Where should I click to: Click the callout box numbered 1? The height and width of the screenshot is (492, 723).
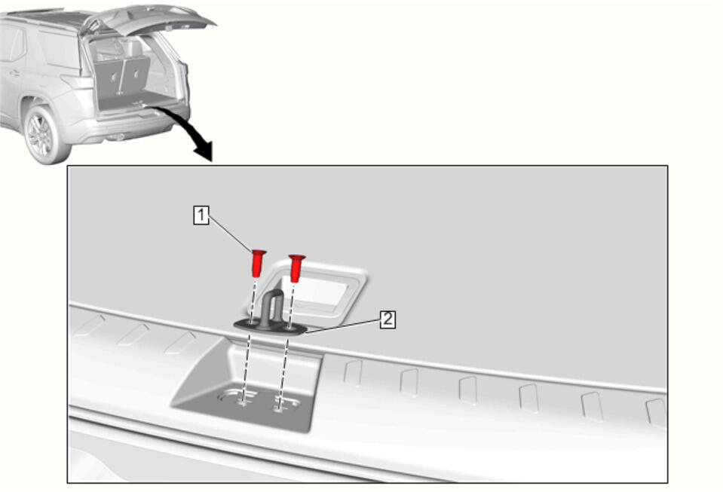coord(201,215)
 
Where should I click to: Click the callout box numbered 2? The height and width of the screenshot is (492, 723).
coord(388,319)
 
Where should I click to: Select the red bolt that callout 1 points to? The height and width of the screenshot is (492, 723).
coord(258,263)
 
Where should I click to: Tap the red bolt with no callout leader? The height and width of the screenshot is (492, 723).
coord(296,267)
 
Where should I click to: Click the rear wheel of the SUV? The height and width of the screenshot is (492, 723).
coord(42,136)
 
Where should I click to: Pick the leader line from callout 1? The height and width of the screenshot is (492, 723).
coord(231,235)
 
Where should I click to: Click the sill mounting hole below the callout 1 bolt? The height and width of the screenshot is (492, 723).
coord(241,402)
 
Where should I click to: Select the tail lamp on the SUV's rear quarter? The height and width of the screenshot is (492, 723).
coord(77,82)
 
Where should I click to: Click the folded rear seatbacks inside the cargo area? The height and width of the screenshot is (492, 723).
coord(123,75)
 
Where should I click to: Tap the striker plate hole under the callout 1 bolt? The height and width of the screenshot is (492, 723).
coord(250,323)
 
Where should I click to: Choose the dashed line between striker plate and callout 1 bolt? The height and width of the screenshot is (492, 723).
coord(253,299)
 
